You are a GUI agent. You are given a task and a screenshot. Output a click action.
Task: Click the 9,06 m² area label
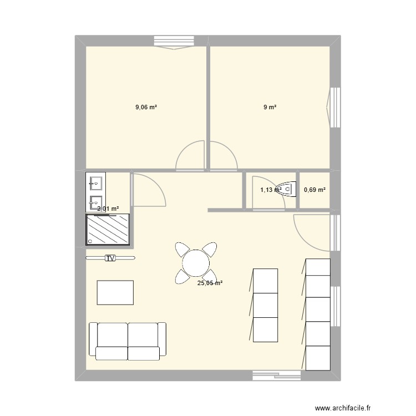coord(146,108)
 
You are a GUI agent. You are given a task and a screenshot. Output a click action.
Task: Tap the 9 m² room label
coord(270,108)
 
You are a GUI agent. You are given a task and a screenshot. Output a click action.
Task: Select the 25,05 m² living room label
coord(210,283)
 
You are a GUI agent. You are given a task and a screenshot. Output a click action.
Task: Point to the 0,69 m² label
coord(314,190)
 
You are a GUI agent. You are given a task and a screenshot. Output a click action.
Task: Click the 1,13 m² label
coord(270,190)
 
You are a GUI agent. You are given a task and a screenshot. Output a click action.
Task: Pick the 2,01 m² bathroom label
coord(108,209)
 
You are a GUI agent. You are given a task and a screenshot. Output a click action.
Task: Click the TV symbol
coord(110,258)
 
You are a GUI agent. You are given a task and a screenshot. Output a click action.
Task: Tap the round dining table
coord(195,262)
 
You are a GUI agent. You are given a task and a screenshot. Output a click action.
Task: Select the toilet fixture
coord(285,189)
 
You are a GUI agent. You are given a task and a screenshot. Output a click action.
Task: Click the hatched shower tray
coord(108,230)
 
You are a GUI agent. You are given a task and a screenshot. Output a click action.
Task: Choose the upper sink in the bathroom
coord(95,182)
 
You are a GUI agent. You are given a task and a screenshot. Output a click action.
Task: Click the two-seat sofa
coord(128,340)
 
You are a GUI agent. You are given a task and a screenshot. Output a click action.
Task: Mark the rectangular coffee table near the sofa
coord(115,292)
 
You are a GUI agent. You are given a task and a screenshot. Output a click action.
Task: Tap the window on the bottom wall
coord(276,376)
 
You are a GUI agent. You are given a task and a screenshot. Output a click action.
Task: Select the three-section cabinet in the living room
coord(265,305)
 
